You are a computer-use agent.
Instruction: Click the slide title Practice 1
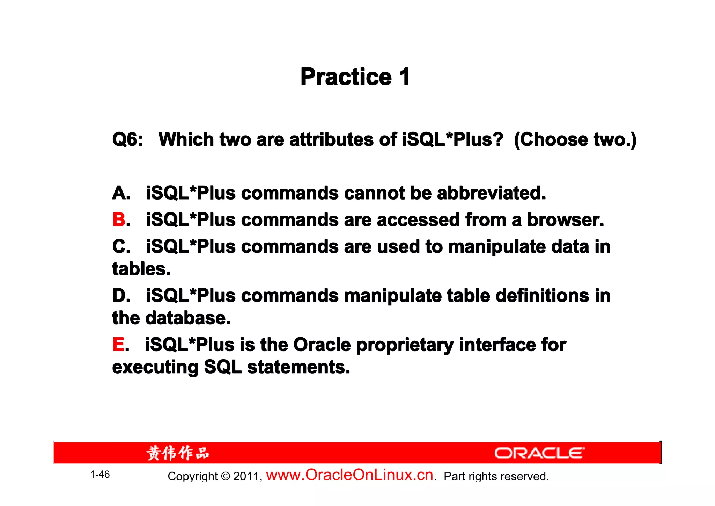pyautogui.click(x=355, y=77)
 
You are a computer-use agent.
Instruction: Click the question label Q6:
pyautogui.click(x=127, y=140)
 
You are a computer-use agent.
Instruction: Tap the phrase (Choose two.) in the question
pyautogui.click(x=575, y=140)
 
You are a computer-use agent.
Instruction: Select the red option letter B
pyautogui.click(x=119, y=220)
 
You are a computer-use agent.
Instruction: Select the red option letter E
pyautogui.click(x=118, y=345)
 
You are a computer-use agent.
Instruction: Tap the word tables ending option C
pyautogui.click(x=141, y=269)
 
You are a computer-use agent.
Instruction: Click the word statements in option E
pyautogui.click(x=298, y=367)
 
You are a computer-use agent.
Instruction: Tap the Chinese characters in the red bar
pyautogui.click(x=178, y=453)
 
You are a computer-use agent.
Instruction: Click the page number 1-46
pyautogui.click(x=100, y=475)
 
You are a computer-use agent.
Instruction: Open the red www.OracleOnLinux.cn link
pyautogui.click(x=350, y=475)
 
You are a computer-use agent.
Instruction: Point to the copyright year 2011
pyautogui.click(x=246, y=476)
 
